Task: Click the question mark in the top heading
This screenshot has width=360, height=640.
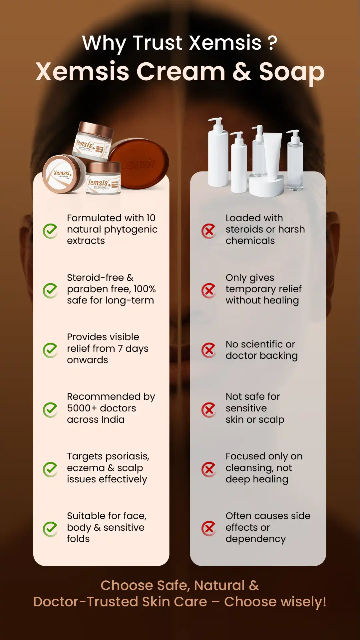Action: [272, 43]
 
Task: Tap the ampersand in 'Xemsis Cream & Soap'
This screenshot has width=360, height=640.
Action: [242, 72]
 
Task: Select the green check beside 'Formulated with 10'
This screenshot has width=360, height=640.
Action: [51, 231]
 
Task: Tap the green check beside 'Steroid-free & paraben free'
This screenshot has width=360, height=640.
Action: [51, 291]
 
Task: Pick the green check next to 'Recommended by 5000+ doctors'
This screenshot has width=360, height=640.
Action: [51, 410]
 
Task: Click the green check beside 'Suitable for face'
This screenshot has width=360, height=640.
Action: [51, 529]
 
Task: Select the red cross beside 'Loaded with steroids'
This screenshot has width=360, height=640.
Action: [209, 231]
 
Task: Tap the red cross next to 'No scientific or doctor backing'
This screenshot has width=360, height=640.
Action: [209, 350]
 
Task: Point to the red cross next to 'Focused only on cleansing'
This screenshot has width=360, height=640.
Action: [209, 469]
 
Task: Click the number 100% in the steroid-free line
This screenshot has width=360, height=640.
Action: [145, 289]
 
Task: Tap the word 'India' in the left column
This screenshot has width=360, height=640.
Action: [113, 419]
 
